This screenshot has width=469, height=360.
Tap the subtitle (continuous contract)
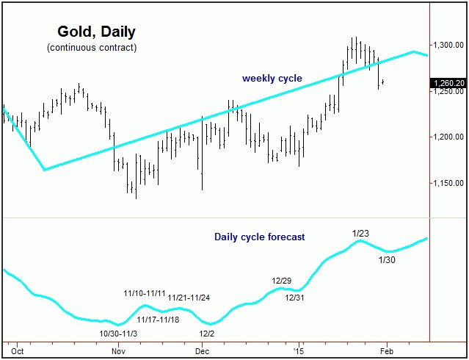point(91,48)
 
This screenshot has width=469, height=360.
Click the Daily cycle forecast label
point(259,237)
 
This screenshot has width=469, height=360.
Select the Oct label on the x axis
point(18,351)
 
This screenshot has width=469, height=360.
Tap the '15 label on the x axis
point(298,351)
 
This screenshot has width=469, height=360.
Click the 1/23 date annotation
point(360,234)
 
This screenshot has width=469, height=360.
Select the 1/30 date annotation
point(387,259)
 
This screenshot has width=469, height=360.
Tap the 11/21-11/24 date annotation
point(189,298)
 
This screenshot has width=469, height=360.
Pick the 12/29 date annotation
point(283,281)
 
